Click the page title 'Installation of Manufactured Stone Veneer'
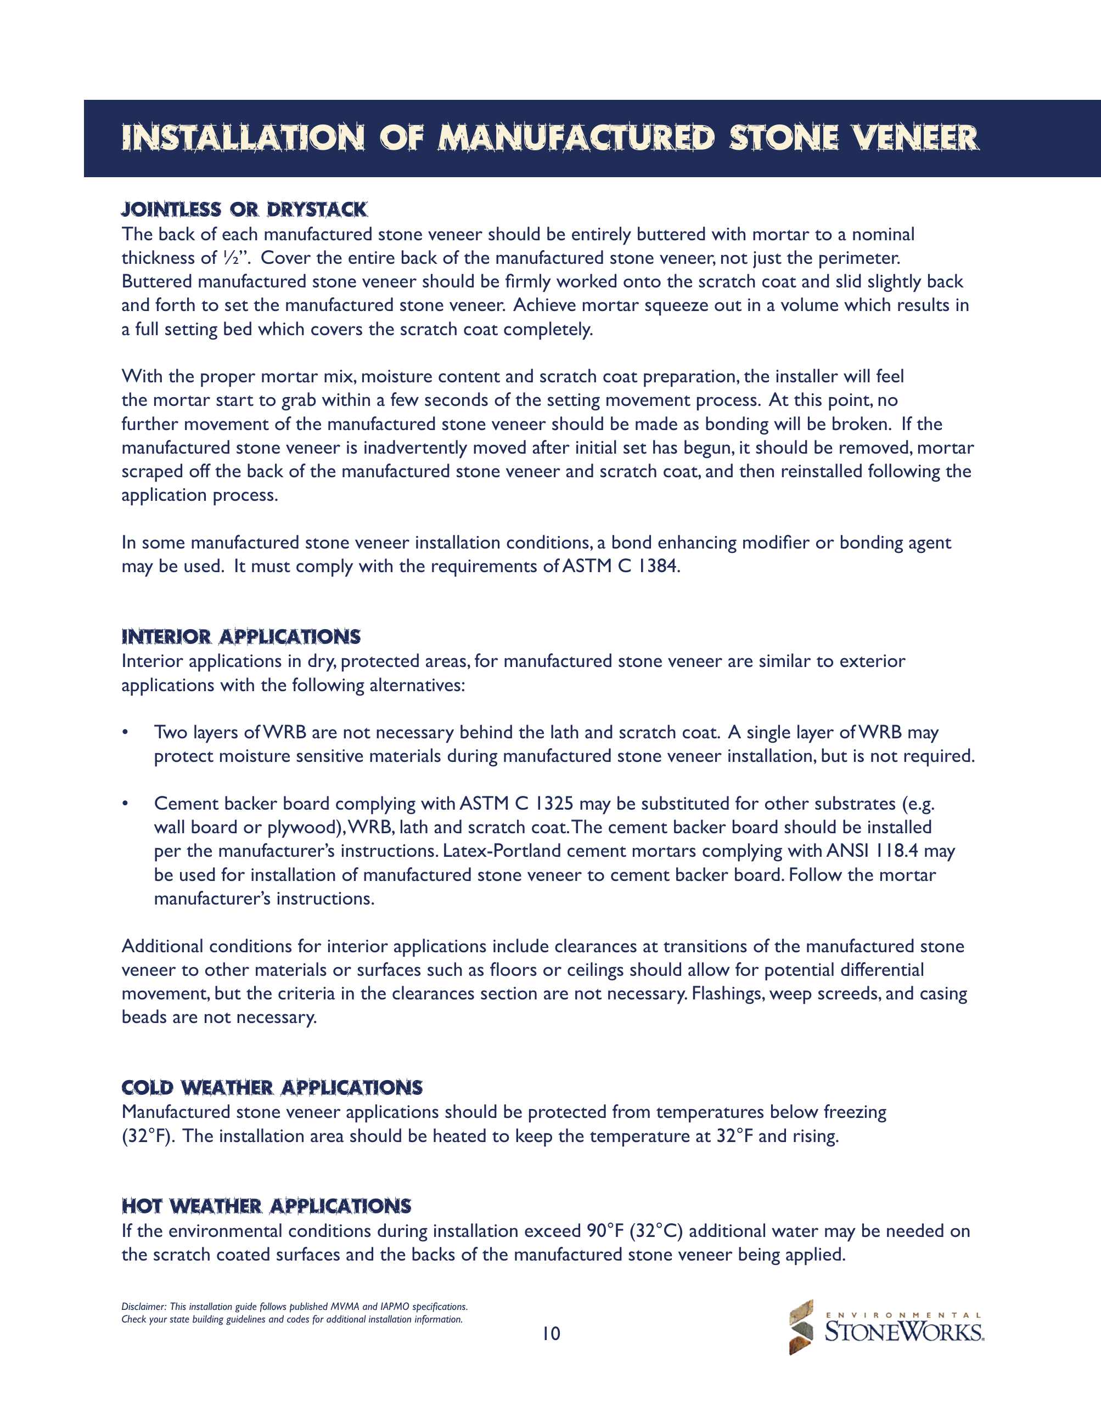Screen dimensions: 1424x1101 (x=550, y=138)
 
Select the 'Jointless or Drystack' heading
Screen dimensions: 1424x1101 (x=245, y=210)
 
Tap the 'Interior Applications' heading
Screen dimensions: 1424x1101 (x=241, y=636)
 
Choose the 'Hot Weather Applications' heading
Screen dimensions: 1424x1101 (x=266, y=1206)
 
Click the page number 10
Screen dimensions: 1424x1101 (x=551, y=1334)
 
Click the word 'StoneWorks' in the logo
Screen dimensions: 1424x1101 (x=904, y=1332)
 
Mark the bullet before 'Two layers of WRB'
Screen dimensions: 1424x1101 (x=125, y=732)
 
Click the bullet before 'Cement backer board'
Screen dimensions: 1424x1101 (x=125, y=803)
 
